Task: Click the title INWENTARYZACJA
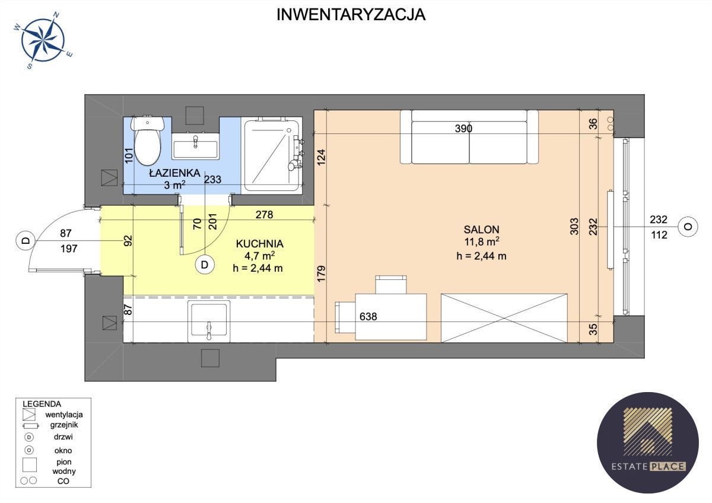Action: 351,15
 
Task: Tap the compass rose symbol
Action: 43,40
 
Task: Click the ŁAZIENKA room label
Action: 174,173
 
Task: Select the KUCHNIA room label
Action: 259,244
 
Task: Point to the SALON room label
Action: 481,230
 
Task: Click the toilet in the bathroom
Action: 148,140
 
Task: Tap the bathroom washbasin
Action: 195,146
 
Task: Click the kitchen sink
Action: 209,321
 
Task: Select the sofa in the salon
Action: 469,137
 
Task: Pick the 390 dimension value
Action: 463,128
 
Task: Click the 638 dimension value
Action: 368,317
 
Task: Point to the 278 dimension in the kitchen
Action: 264,215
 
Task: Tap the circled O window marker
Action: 688,227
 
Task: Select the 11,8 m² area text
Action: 482,241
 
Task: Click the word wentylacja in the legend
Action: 64,415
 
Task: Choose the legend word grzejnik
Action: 64,425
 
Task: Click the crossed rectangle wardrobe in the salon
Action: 504,318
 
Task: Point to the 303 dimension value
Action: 574,226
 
